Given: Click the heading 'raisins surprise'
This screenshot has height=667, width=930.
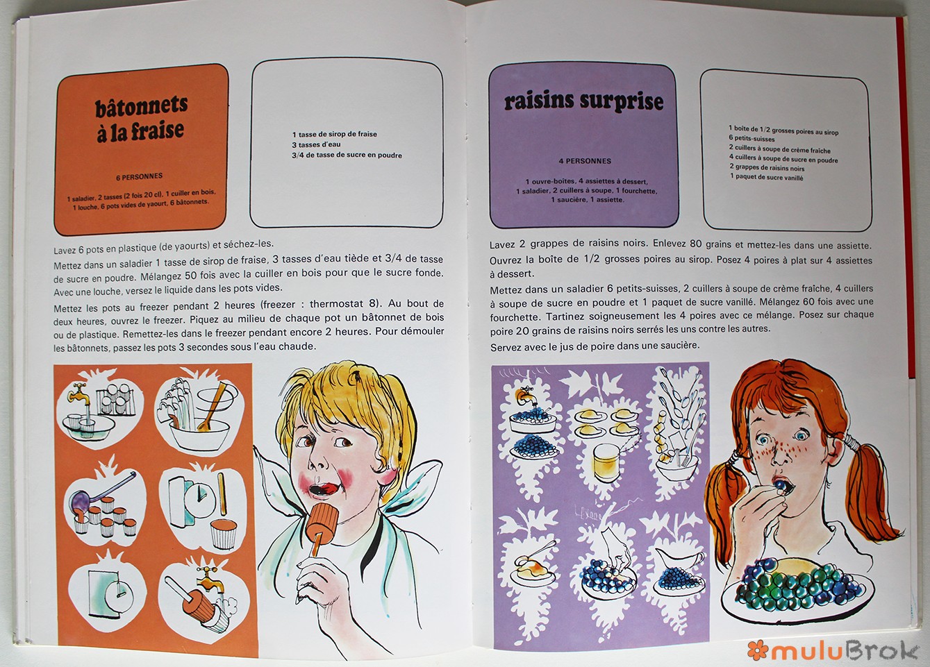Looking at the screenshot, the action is click(583, 102).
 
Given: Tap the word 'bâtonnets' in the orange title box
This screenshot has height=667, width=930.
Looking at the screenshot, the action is click(142, 107).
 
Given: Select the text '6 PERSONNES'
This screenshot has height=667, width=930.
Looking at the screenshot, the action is click(140, 177).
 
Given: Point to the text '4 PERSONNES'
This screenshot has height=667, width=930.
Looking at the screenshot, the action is click(585, 161).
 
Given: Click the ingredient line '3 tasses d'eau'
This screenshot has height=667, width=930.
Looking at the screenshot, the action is click(316, 145).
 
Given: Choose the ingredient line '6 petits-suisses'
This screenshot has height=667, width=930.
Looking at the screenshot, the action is click(752, 138).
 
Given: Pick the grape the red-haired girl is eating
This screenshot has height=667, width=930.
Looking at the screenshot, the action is click(779, 484).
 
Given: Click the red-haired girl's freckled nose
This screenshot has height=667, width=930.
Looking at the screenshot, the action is click(781, 456).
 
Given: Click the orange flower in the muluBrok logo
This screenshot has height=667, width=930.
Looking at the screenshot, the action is click(758, 650).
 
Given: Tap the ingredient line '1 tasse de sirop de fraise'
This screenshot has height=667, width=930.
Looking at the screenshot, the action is click(335, 135).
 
